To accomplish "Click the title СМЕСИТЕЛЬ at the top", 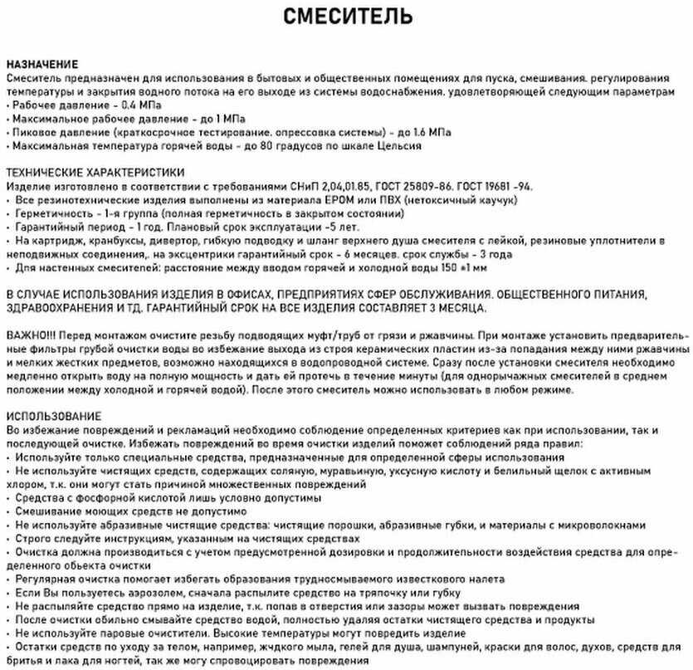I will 346,17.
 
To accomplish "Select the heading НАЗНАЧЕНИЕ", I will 42,64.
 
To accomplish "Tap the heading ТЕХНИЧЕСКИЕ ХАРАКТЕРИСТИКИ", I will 95,172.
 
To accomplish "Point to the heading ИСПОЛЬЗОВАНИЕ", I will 53,415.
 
